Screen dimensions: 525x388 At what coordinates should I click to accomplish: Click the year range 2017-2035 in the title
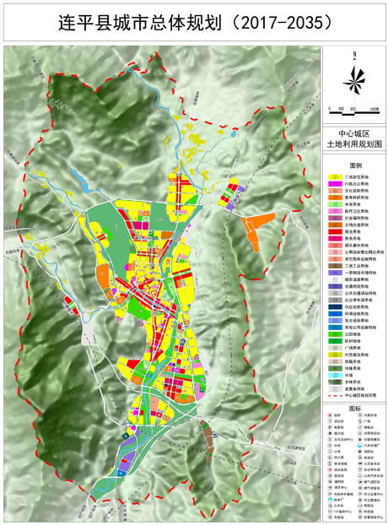pos(281,23)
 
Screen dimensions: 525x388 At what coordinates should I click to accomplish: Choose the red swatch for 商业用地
pos(335,237)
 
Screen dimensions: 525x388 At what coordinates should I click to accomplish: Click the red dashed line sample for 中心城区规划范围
pos(335,396)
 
